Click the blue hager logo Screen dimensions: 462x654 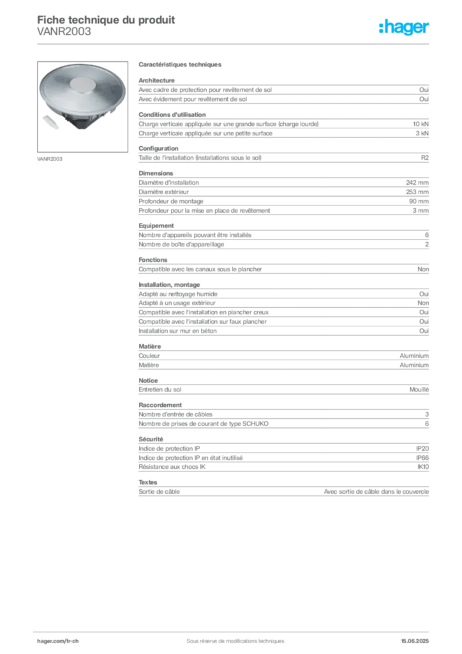click(405, 27)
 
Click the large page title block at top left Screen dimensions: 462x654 click(105, 19)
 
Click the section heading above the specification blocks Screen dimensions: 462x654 click(180, 66)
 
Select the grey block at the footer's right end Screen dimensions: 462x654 click(418, 637)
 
